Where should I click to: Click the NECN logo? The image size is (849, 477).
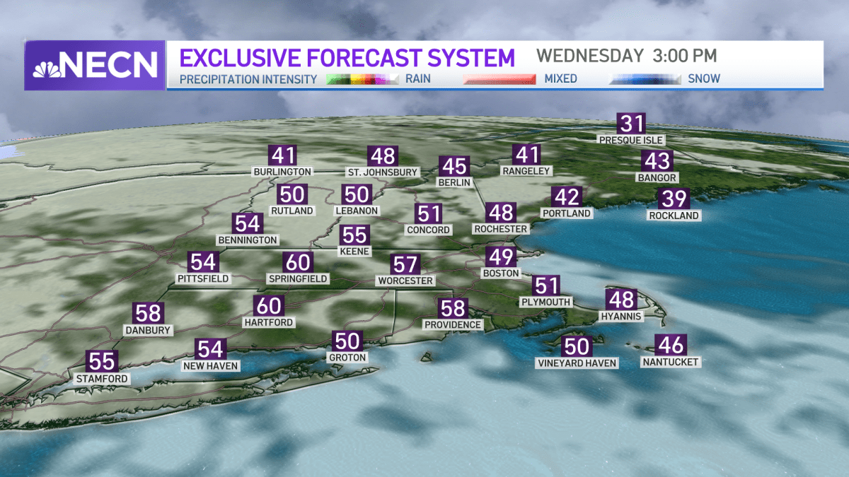[95, 65]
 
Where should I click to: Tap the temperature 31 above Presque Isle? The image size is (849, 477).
[630, 124]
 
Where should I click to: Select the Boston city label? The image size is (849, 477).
[501, 273]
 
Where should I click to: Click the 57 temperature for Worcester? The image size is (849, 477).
[406, 265]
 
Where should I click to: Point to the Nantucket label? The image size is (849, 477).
[670, 362]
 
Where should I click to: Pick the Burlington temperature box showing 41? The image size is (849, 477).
[283, 155]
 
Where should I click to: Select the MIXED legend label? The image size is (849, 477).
[560, 78]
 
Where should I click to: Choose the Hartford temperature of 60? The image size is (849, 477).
[269, 306]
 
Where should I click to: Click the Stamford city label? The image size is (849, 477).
[103, 379]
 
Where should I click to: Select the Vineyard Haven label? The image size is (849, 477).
[577, 363]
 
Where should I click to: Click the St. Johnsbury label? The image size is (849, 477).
[382, 172]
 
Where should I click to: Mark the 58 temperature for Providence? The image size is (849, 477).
[452, 309]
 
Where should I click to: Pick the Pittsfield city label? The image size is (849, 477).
[202, 278]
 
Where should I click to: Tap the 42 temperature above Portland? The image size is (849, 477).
[566, 196]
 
